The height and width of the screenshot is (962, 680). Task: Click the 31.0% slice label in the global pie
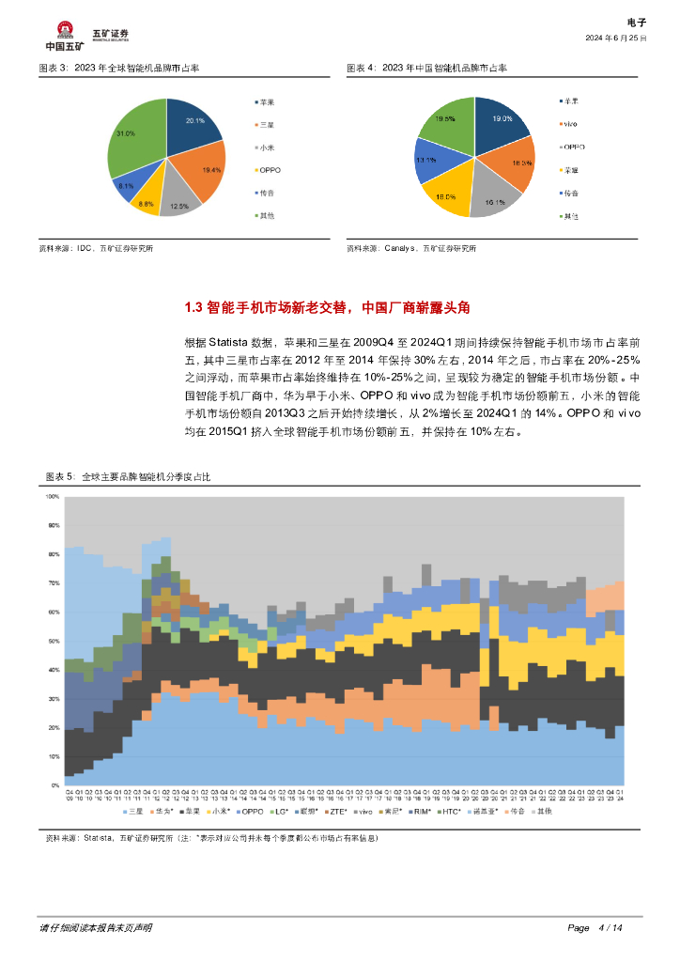pyautogui.click(x=125, y=134)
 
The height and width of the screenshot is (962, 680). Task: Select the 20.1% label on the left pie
pyautogui.click(x=195, y=121)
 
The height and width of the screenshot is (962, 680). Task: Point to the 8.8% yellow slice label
pyautogui.click(x=146, y=204)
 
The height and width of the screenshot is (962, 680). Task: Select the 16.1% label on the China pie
pyautogui.click(x=494, y=202)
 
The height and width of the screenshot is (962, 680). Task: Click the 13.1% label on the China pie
pyautogui.click(x=425, y=161)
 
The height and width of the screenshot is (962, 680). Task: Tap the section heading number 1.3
pyautogui.click(x=193, y=307)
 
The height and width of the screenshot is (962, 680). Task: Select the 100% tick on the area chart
pyautogui.click(x=53, y=496)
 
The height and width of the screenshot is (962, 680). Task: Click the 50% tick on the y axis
pyautogui.click(x=54, y=642)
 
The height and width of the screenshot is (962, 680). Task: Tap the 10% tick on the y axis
pyautogui.click(x=54, y=756)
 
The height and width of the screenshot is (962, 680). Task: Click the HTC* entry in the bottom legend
pyautogui.click(x=451, y=810)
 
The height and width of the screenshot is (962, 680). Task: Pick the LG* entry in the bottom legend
pyautogui.click(x=280, y=810)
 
